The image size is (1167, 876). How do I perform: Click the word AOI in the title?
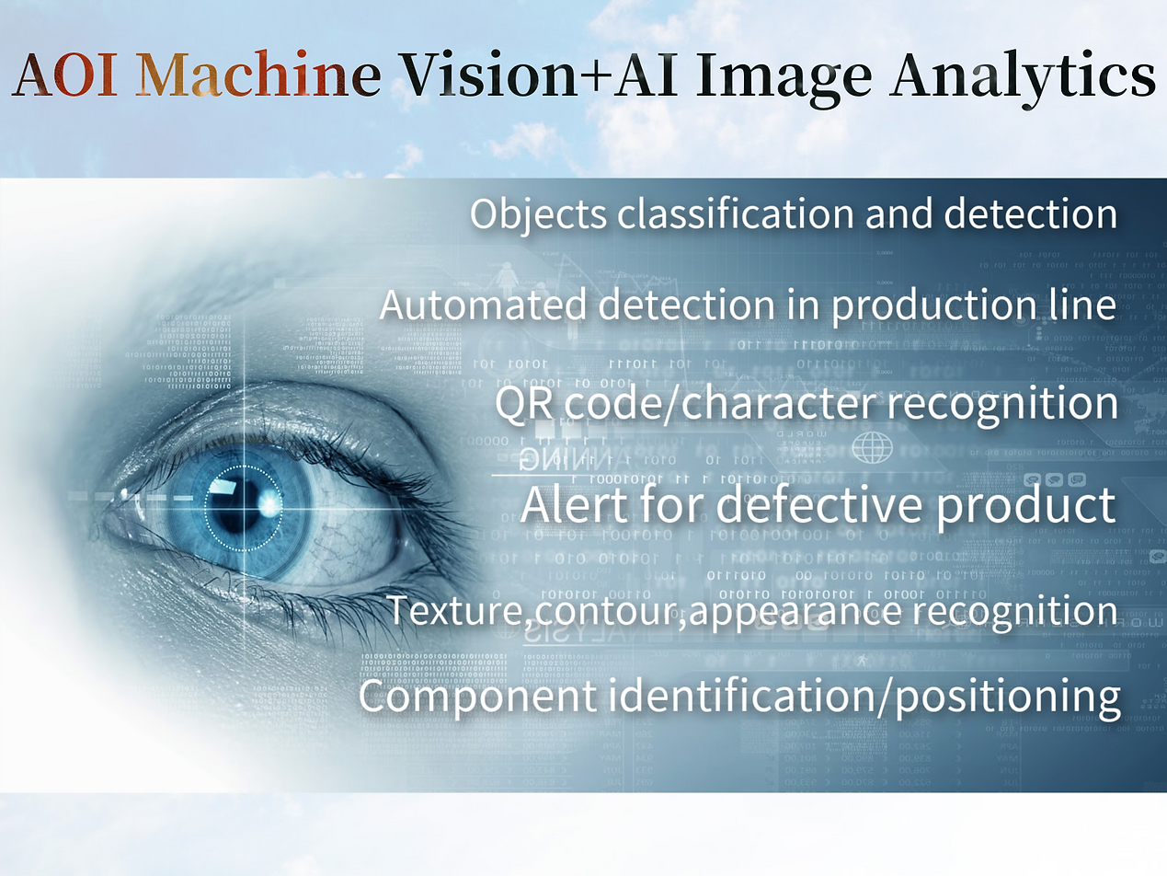[x=65, y=76]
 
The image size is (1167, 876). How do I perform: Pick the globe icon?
[x=872, y=449]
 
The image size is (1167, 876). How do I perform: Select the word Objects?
[x=538, y=213]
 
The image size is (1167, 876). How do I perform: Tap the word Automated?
[x=483, y=305]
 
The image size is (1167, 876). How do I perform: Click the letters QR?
[x=524, y=406]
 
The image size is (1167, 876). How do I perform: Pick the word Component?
[x=476, y=696]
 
